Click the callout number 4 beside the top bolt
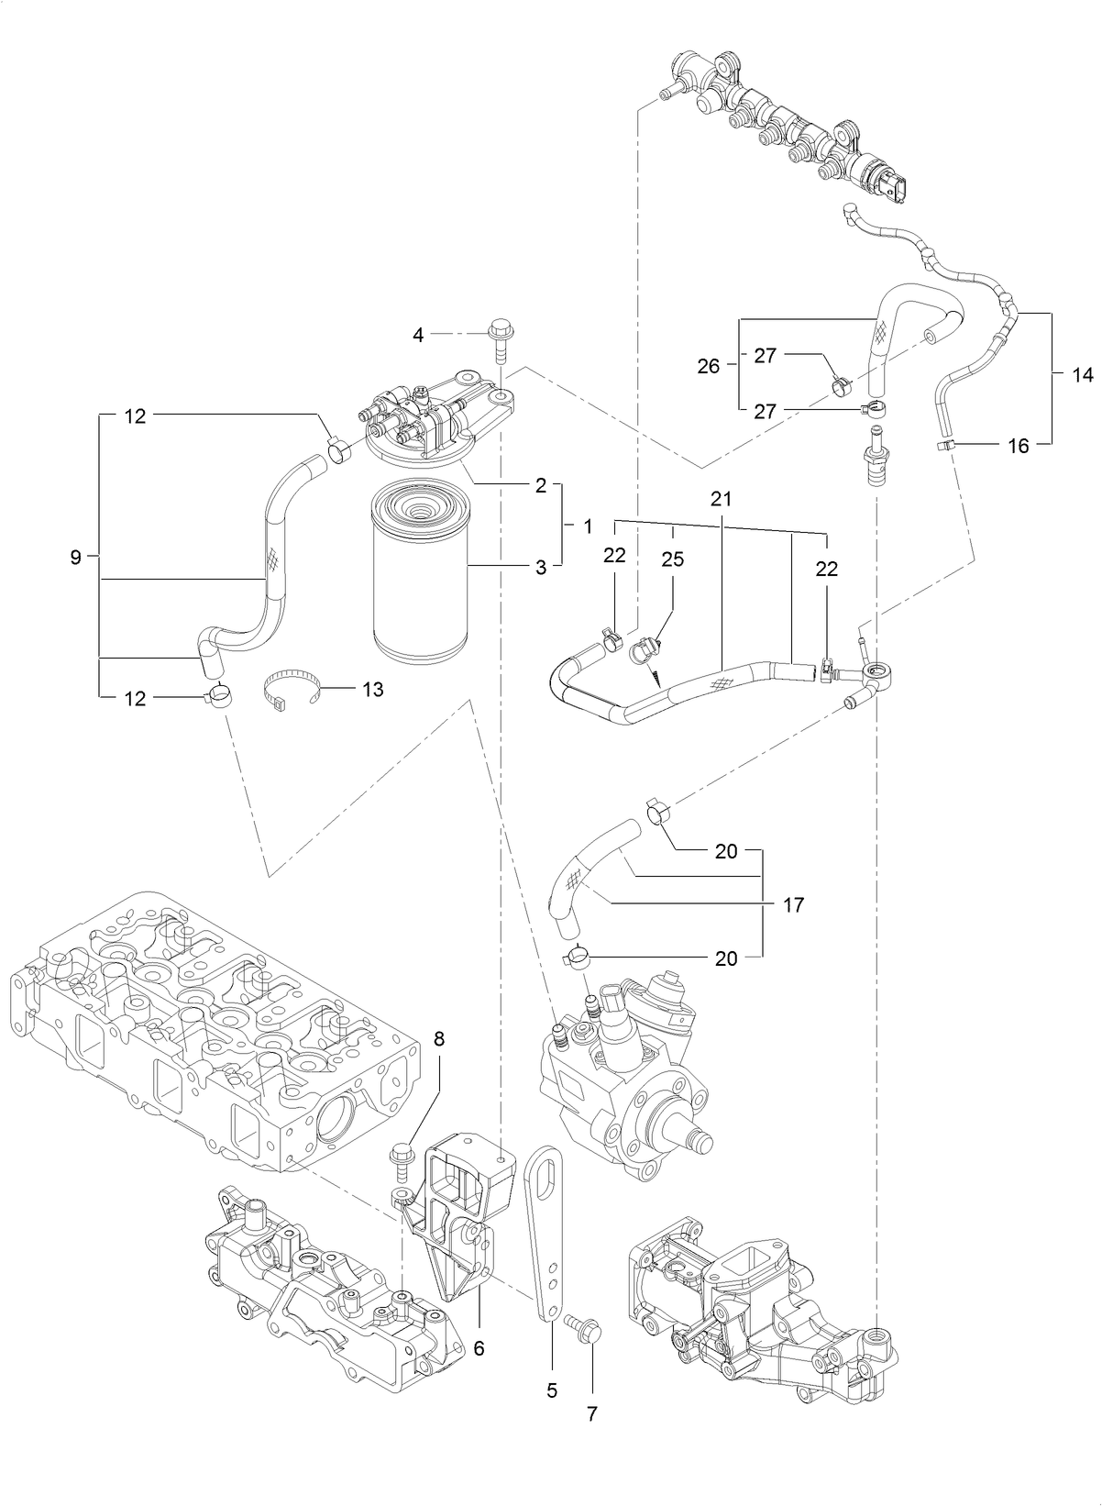pos(418,336)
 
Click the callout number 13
pos(372,689)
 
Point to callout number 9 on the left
pos(76,557)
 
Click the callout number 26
pos(709,367)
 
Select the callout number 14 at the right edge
pos(1083,374)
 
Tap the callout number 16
pos(1019,446)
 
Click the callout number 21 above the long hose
pos(721,499)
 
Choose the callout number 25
pos(673,559)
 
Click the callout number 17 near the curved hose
pos(794,905)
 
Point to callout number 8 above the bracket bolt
pos(440,1039)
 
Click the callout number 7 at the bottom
pos(592,1414)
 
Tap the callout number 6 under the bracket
pos(479,1348)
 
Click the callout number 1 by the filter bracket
pos(587,526)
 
